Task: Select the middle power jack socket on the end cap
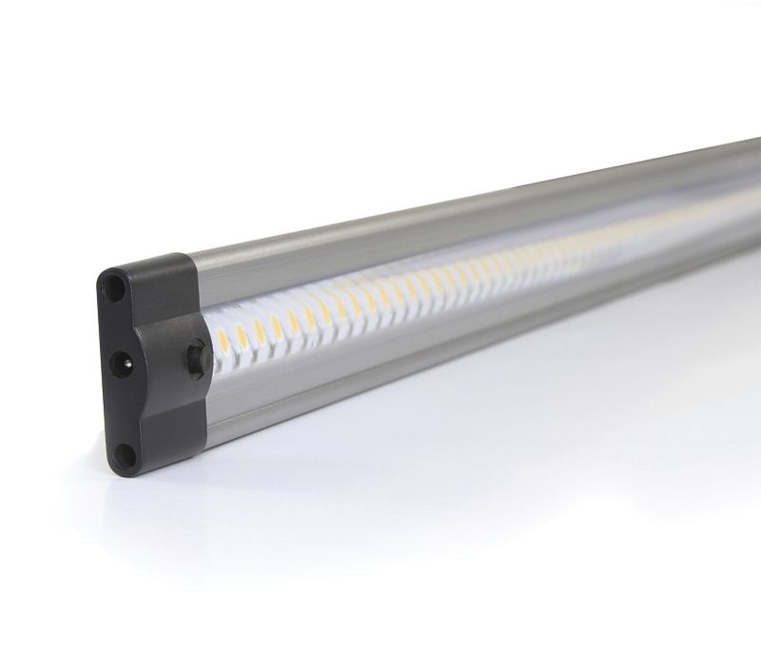pos(121,360)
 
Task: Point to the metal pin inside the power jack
pos(121,360)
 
